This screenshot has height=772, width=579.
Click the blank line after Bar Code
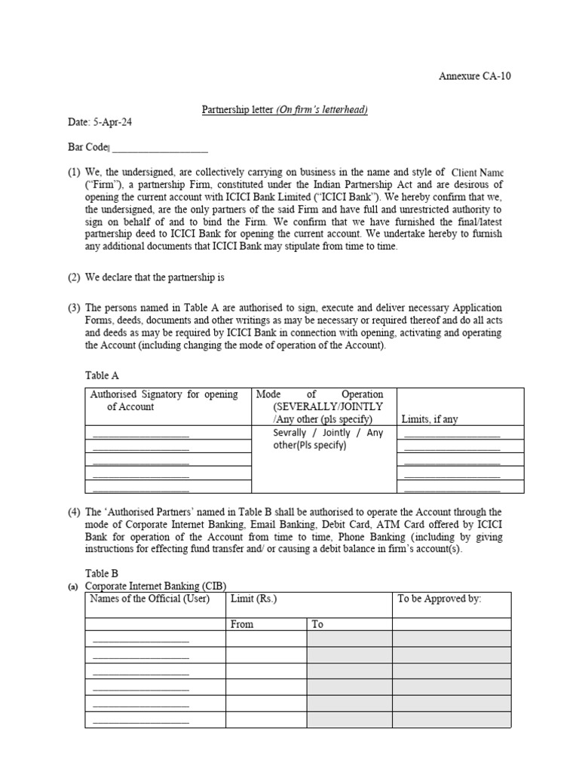(159, 148)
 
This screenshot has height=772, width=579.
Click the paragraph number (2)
(74, 277)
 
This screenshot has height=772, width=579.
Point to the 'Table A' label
(102, 375)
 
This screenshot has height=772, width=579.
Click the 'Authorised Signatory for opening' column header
(164, 394)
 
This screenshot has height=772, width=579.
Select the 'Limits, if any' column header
(429, 419)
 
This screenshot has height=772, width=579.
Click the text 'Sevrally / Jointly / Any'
(328, 433)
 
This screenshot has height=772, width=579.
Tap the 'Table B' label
(102, 574)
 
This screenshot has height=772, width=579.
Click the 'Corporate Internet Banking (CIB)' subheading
(155, 586)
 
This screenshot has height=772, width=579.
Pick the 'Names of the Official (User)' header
(149, 599)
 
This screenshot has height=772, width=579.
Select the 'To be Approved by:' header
(439, 599)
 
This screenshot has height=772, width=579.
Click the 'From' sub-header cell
(242, 624)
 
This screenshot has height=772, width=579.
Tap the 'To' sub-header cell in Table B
(317, 624)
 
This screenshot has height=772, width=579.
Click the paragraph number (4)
(74, 512)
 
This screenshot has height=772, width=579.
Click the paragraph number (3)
(74, 308)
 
